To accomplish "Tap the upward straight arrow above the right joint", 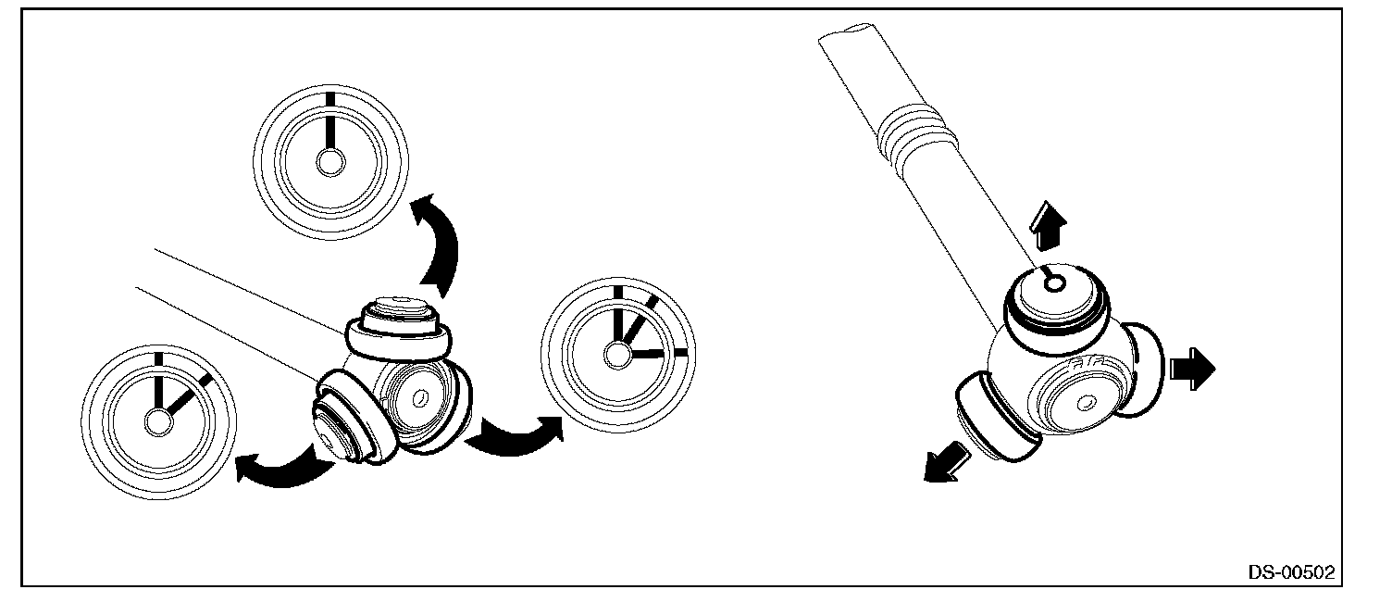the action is (1048, 226).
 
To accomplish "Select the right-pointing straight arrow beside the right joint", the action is (1192, 369).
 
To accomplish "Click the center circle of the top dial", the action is (330, 163).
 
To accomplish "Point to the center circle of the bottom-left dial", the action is (158, 423).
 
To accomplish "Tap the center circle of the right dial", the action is (617, 355).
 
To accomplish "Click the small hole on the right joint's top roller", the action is (1054, 284).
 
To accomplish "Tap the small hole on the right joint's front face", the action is (1086, 404).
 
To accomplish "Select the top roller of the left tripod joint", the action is (399, 329).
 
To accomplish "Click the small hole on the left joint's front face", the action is (420, 397).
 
